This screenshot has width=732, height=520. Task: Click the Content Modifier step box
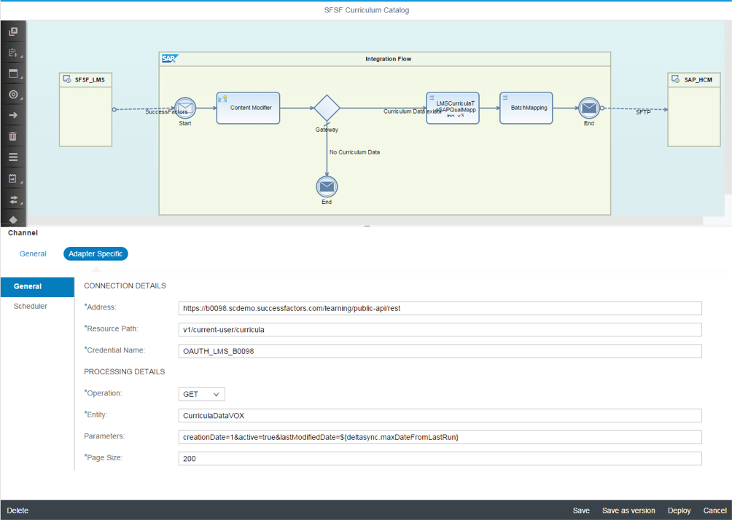click(x=248, y=108)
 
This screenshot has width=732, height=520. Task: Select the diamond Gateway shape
click(x=327, y=109)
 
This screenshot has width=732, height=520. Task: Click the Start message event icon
click(x=185, y=109)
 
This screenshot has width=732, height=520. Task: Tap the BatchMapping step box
click(x=526, y=108)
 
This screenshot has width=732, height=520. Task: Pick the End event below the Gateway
click(x=327, y=186)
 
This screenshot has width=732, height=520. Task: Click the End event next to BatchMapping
click(x=588, y=109)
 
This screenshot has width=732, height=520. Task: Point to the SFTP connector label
click(x=643, y=113)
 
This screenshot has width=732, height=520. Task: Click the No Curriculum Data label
click(x=354, y=152)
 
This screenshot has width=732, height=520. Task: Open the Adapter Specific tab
click(x=96, y=254)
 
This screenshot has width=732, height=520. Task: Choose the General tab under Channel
click(x=33, y=254)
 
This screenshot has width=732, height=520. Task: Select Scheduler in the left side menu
click(x=31, y=307)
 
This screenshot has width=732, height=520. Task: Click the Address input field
click(x=440, y=308)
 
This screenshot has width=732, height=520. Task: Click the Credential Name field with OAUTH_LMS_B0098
click(x=440, y=351)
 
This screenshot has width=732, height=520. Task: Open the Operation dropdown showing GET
click(x=201, y=394)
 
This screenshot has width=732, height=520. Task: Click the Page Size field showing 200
click(x=440, y=459)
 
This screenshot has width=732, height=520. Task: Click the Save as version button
click(x=628, y=511)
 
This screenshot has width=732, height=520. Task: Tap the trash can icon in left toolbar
click(x=13, y=136)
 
